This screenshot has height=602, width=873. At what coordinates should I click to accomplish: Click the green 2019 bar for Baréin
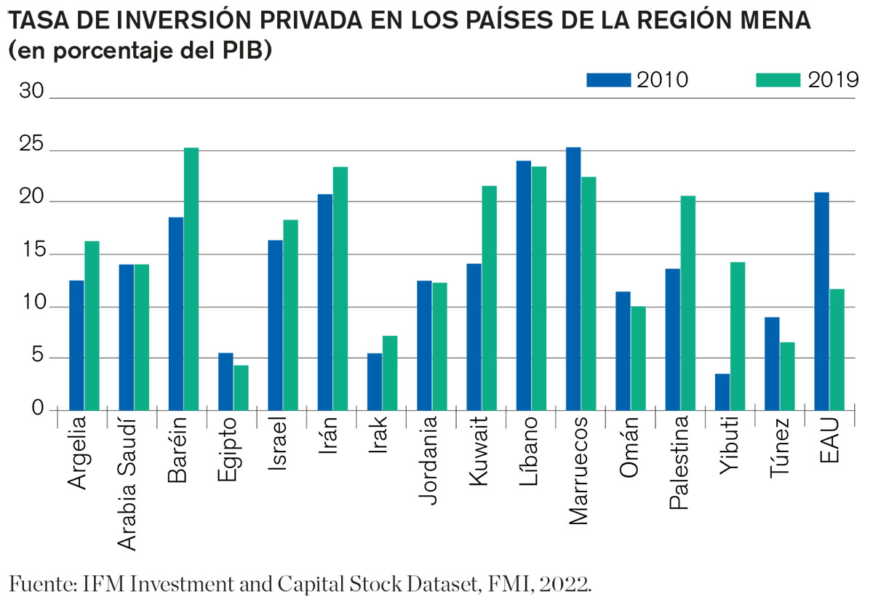pyautogui.click(x=191, y=279)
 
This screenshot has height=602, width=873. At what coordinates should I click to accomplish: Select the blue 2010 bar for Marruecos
pyautogui.click(x=573, y=279)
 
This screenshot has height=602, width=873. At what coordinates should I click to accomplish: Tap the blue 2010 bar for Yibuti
pyautogui.click(x=722, y=392)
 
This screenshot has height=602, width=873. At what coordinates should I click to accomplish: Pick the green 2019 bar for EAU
pyautogui.click(x=837, y=350)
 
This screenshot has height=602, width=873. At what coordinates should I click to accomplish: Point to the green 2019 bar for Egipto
pyautogui.click(x=241, y=388)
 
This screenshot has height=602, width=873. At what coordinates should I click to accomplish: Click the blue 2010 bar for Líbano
pyautogui.click(x=524, y=286)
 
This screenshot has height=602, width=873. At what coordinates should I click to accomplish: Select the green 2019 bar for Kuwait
pyautogui.click(x=489, y=298)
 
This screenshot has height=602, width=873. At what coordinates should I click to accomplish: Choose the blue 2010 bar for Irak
pyautogui.click(x=375, y=382)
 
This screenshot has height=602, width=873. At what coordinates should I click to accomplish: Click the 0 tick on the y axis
pyautogui.click(x=39, y=409)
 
